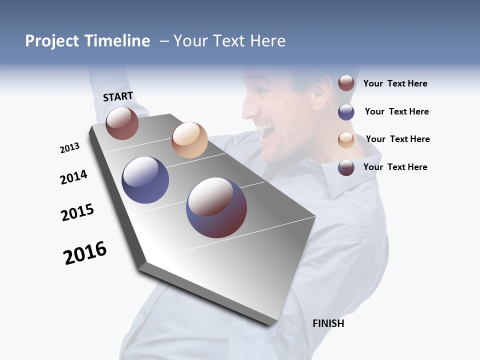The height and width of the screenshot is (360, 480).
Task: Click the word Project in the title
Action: coord(51,41)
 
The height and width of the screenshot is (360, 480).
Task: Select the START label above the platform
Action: coord(118,96)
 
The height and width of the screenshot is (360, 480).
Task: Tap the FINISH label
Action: coord(328,323)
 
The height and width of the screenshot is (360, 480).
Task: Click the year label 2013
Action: coord(69,148)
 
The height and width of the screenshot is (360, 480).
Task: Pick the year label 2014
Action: coord(73,177)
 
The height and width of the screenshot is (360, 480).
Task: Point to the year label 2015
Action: coord(77,212)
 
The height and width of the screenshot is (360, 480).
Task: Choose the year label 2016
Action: coord(85,253)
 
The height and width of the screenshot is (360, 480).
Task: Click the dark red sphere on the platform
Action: coord(122,123)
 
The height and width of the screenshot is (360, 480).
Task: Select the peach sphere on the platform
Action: coord(189,139)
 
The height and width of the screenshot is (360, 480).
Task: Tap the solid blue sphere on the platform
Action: coord(145,180)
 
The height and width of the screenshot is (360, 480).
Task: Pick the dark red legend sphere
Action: coord(346,83)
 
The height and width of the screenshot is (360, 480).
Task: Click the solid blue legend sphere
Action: coord(346,112)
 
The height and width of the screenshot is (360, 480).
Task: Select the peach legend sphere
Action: coord(346,140)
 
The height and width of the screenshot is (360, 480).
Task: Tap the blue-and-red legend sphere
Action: coord(346,167)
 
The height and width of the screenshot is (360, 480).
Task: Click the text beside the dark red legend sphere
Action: coord(395,83)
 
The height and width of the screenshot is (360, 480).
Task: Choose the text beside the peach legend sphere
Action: coord(397,139)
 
